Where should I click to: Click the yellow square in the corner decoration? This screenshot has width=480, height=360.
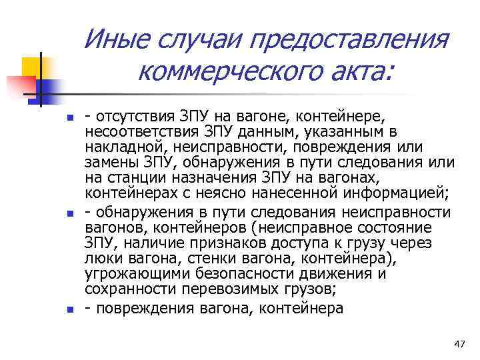click(x=33, y=67)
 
